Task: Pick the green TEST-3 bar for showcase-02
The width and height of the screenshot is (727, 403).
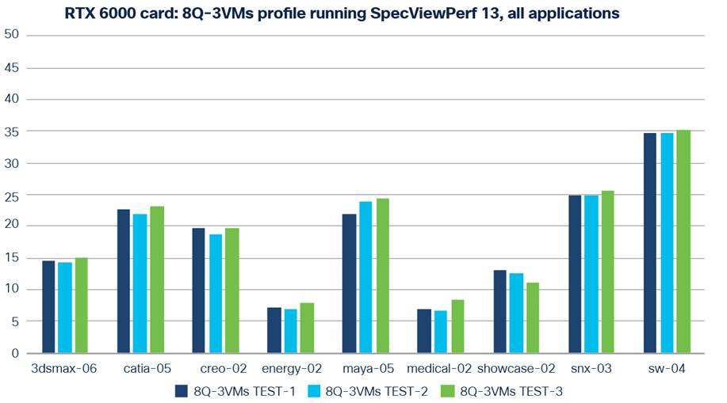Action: tap(532, 317)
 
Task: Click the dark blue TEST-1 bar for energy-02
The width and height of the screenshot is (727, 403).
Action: tap(274, 330)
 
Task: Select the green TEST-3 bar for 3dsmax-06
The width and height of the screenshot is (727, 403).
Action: tap(80, 306)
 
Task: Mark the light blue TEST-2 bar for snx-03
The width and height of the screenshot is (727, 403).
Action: tap(591, 274)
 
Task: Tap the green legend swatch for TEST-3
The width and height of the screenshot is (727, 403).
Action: tap(447, 390)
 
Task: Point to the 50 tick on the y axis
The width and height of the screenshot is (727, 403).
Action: tap(12, 36)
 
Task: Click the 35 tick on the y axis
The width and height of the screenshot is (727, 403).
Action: tap(12, 131)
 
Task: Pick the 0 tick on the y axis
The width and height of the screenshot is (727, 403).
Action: tap(15, 354)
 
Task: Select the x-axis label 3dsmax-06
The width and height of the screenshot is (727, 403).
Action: tap(63, 368)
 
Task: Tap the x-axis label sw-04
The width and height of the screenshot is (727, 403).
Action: tap(666, 368)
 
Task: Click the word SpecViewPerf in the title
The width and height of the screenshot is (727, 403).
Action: tap(417, 13)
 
